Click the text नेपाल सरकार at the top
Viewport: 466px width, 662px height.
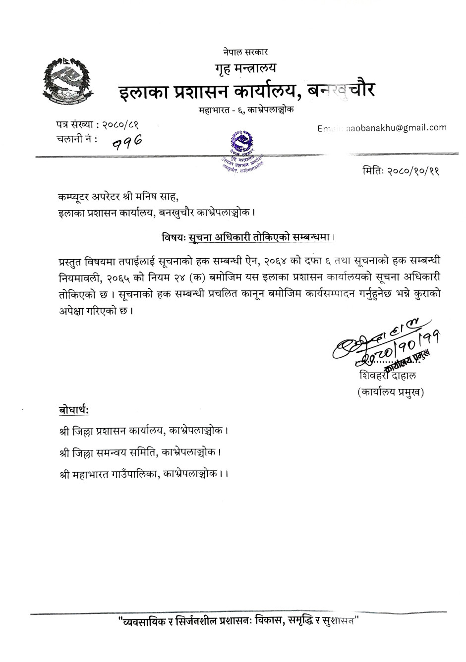point(245,52)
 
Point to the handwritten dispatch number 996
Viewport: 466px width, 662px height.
point(127,143)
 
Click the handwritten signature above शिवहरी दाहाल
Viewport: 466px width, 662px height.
point(377,347)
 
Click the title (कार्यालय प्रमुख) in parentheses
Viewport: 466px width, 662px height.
point(390,392)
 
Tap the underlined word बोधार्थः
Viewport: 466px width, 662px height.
point(73,411)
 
